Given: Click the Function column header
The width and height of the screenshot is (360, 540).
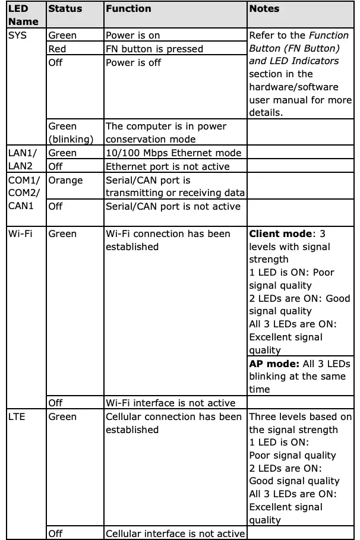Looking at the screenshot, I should pyautogui.click(x=128, y=9).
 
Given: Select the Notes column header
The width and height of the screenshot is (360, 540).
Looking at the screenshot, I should pyautogui.click(x=264, y=9).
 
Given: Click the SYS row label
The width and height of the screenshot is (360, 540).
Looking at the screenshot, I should pyautogui.click(x=17, y=36).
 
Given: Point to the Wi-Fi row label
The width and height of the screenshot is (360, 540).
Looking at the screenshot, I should pyautogui.click(x=21, y=233).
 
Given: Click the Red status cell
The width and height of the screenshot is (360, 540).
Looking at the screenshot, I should pyautogui.click(x=57, y=49).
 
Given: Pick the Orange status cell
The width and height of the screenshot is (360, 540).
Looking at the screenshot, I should pyautogui.click(x=65, y=180).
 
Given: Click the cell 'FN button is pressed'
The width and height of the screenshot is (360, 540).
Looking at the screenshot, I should pyautogui.click(x=154, y=49).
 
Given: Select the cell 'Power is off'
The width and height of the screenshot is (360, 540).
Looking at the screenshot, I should pyautogui.click(x=133, y=62).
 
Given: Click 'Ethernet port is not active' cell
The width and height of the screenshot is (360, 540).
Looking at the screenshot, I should pyautogui.click(x=167, y=166).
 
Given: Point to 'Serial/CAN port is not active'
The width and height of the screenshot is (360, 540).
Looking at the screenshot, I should pyautogui.click(x=173, y=206).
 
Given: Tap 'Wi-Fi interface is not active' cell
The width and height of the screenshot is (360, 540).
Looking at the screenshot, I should pyautogui.click(x=170, y=403).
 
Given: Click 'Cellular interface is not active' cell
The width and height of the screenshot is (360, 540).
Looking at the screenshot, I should pyautogui.click(x=175, y=533).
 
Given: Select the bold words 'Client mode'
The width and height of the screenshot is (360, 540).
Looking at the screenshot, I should pyautogui.click(x=280, y=233).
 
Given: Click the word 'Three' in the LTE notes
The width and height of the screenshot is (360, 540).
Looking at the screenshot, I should pyautogui.click(x=262, y=417).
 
